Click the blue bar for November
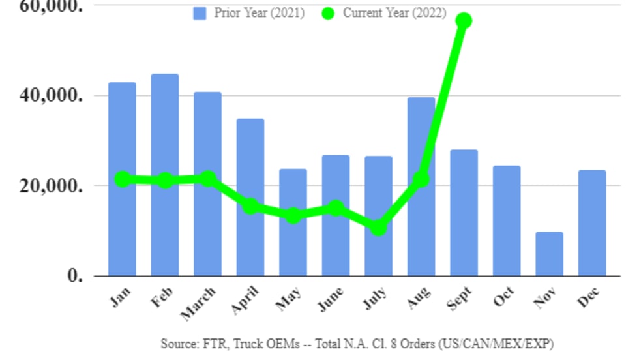point(549,254)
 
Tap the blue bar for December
point(591,222)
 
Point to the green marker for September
point(464,20)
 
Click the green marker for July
point(378,228)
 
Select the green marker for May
point(293,215)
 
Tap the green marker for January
point(122,179)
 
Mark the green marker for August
point(421,178)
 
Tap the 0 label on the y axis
point(76,275)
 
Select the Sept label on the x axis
point(460,299)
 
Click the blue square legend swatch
point(200,13)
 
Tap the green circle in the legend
point(328,13)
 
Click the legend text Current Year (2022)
point(394,13)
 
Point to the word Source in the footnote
point(176,343)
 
